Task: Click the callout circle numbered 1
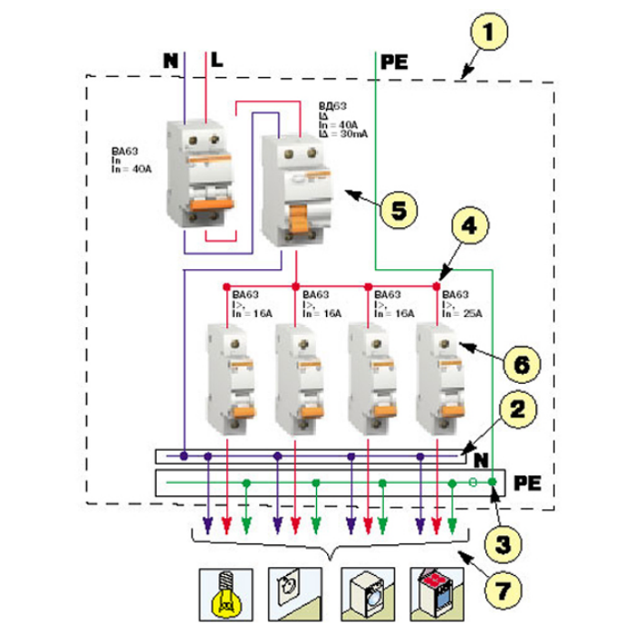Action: tap(489, 34)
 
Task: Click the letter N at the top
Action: tap(170, 61)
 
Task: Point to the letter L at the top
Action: tap(216, 61)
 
